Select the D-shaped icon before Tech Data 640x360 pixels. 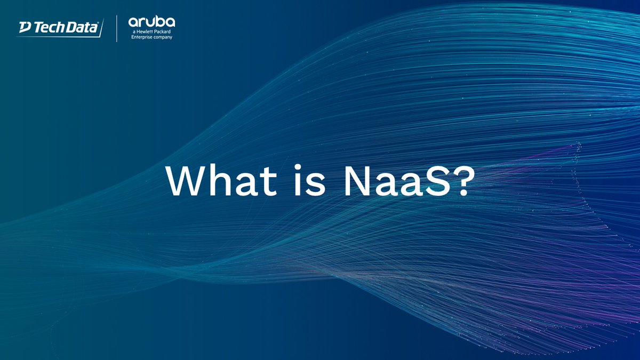click(x=25, y=27)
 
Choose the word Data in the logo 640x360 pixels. click(x=81, y=28)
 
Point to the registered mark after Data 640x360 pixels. click(x=99, y=23)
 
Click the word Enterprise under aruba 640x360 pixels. click(x=142, y=38)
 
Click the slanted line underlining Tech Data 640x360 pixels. click(x=59, y=35)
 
